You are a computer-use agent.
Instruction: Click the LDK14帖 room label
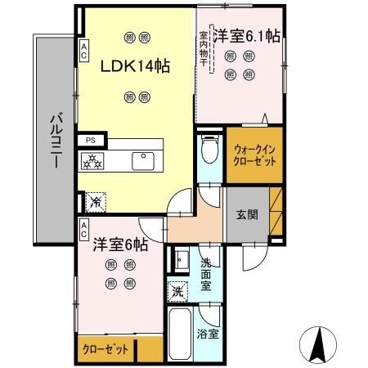click(x=135, y=67)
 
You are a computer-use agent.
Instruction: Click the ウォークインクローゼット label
click(x=254, y=155)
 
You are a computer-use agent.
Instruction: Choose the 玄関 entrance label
click(x=247, y=215)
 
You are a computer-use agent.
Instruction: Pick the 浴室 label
click(x=208, y=334)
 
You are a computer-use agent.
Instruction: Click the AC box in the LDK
click(x=84, y=51)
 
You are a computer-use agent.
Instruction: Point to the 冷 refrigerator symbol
click(x=96, y=199)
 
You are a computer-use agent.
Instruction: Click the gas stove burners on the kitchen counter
click(x=93, y=160)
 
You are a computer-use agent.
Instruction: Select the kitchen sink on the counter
click(x=144, y=159)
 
